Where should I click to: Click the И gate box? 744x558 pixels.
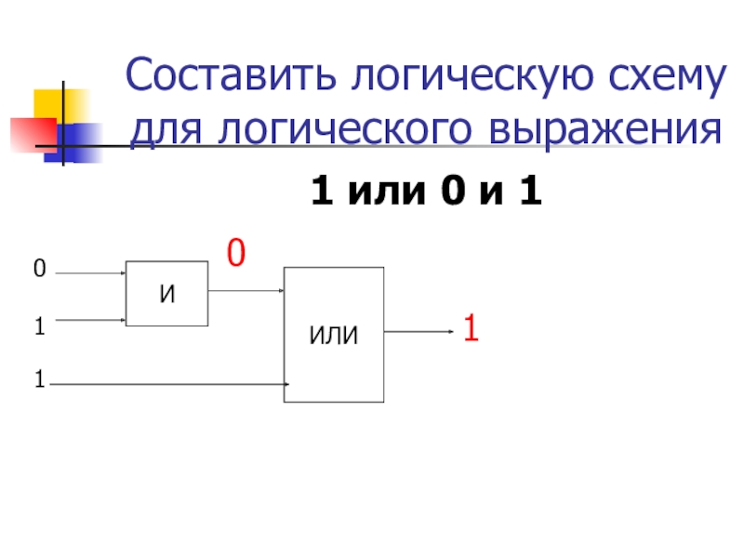tap(166, 293)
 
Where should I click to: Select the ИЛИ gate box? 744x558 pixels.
tap(333, 335)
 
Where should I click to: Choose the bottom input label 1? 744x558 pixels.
tap(39, 379)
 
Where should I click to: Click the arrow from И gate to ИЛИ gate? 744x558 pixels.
tap(246, 290)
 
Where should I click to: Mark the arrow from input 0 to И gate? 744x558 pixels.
tap(89, 273)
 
